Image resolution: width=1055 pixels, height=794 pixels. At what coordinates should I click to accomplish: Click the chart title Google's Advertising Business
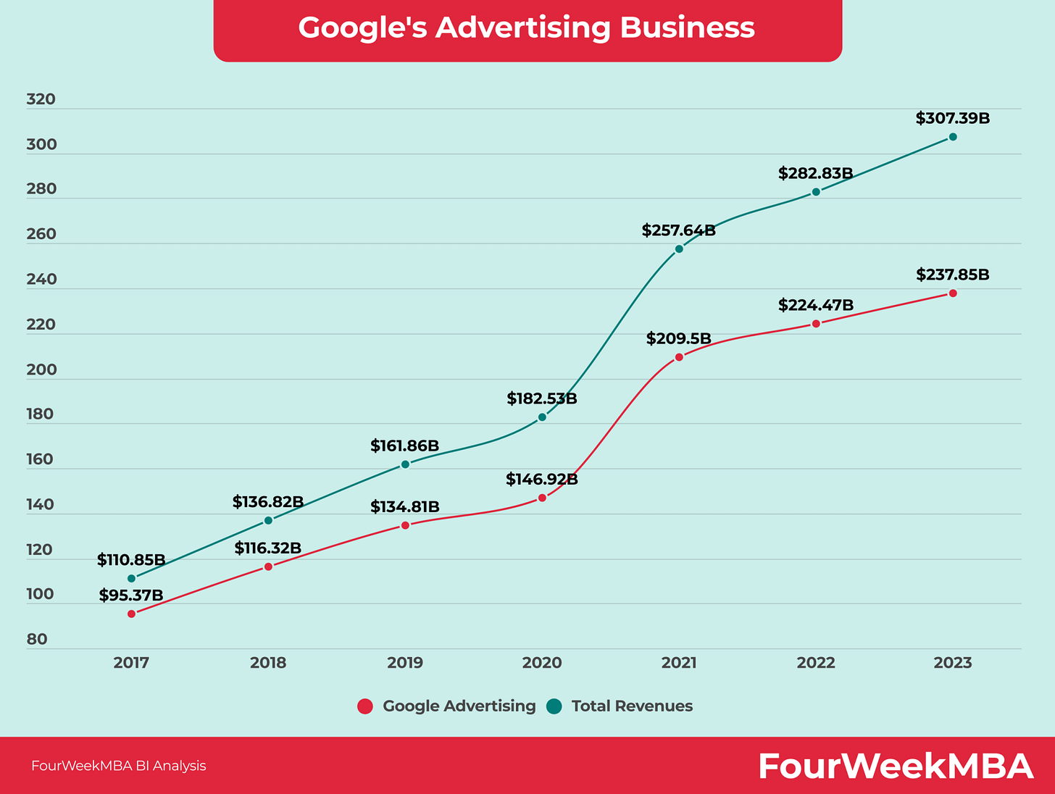coord(527,28)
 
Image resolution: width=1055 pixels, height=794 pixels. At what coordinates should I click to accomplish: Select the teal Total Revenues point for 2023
coord(953,137)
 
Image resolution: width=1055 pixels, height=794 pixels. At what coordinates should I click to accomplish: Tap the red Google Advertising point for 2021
coord(679,357)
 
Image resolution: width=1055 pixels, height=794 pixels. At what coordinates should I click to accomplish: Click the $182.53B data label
coord(541,398)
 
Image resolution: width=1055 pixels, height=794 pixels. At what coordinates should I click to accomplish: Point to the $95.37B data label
coord(131,595)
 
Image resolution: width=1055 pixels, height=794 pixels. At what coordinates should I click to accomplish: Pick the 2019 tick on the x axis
coord(405,663)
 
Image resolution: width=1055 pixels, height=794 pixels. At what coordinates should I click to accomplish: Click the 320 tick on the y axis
coord(41,99)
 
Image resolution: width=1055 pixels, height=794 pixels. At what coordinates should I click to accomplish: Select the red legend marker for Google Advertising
coord(365,706)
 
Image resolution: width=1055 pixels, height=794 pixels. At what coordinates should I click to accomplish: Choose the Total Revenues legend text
coord(632,706)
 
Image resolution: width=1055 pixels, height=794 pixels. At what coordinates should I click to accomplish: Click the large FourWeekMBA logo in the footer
coord(896,766)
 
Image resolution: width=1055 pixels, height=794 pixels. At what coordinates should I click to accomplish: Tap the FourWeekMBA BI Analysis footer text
coord(119,766)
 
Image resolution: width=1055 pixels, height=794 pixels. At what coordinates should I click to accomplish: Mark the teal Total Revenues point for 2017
coord(131,578)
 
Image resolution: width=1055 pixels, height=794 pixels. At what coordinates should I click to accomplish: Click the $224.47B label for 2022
coord(816,305)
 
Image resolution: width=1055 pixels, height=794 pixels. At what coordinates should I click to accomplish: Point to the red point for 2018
coord(268,567)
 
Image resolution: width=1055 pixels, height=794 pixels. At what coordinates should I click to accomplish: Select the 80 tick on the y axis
coord(37,640)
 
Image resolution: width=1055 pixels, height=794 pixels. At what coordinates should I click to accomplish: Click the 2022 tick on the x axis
coord(816,663)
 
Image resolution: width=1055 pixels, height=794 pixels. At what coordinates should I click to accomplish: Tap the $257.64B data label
coord(678,231)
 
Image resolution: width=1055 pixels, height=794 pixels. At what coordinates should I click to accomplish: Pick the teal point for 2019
coord(405,464)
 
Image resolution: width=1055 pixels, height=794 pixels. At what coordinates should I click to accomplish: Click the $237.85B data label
coord(952,275)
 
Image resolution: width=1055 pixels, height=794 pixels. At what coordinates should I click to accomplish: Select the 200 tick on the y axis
coord(41,369)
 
